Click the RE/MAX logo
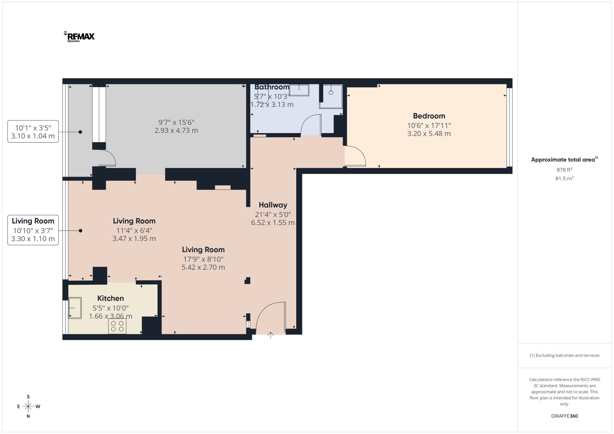coord(79,37)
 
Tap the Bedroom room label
coord(429,116)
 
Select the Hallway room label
coord(273,205)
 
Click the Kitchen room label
coord(111,298)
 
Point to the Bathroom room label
coord(272,87)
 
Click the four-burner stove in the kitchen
coord(117,326)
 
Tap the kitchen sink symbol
coord(75,308)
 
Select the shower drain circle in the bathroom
coord(331,92)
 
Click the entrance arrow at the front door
coord(271,335)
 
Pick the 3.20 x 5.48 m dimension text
coord(429,134)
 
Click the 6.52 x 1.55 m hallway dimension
coord(273,223)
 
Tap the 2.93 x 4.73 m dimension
coord(176,130)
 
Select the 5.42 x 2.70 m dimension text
coord(203,267)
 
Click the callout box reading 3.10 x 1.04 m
coord(33,132)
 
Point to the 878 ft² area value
coord(564,170)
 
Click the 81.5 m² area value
coord(564,178)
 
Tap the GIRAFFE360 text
coord(564,416)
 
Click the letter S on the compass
coord(28,397)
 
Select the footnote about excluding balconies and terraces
coord(564,355)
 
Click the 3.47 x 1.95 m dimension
coord(134,238)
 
